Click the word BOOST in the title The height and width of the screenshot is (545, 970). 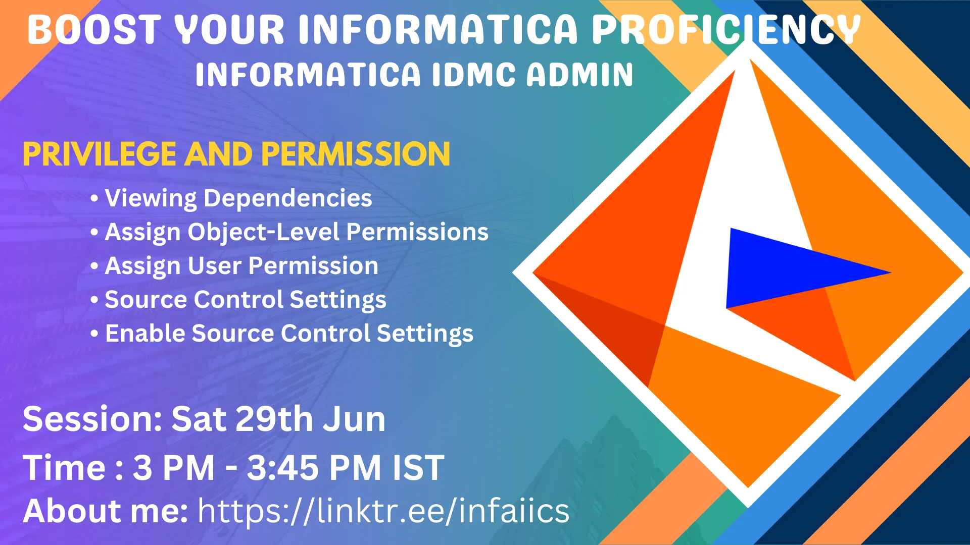94,29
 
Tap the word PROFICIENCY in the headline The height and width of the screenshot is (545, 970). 725,29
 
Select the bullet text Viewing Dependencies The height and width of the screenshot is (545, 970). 238,198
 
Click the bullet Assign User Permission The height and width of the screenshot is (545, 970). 241,266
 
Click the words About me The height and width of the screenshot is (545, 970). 105,511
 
